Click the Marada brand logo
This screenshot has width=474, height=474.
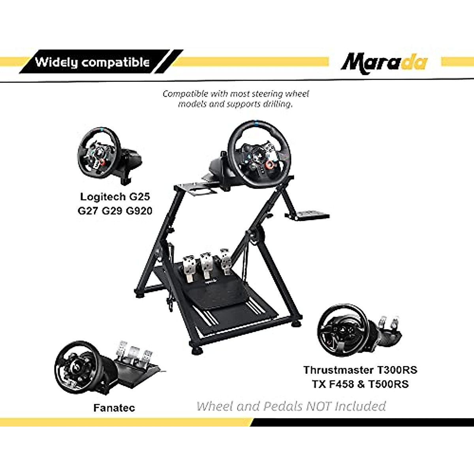(x=384, y=62)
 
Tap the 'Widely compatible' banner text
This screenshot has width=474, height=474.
(x=92, y=62)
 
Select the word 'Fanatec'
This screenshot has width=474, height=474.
(x=114, y=408)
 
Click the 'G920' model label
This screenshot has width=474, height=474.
(x=139, y=211)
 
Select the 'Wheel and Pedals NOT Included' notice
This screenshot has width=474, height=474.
(x=291, y=406)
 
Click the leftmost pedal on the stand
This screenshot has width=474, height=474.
(x=188, y=269)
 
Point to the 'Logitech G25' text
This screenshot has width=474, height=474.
(x=115, y=197)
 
